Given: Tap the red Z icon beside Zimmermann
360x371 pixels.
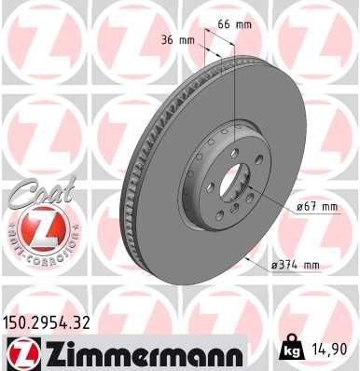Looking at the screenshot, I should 20,351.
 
